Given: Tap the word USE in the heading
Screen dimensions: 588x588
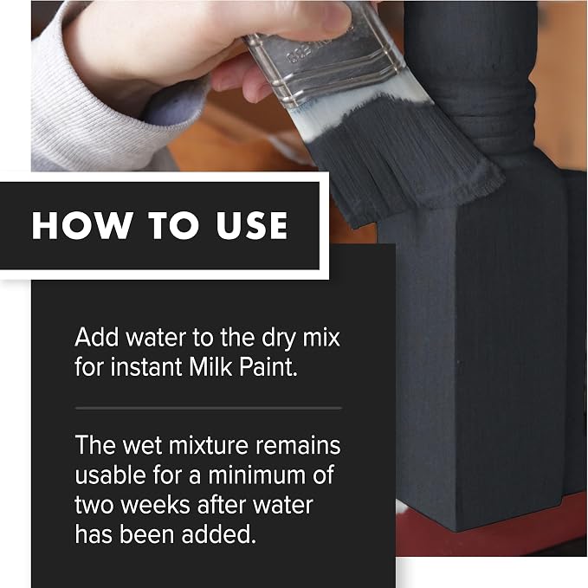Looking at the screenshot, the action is (x=252, y=225).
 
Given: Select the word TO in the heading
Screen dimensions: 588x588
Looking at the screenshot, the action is (x=173, y=225).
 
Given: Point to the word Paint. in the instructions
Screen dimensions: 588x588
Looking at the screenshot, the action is (x=268, y=366).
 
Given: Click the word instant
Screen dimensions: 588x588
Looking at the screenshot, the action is (x=145, y=366).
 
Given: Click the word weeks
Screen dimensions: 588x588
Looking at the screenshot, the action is (x=155, y=505).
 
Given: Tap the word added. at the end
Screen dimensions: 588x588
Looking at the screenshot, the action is (x=219, y=534).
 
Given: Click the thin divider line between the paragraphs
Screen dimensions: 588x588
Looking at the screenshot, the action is (x=208, y=408).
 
